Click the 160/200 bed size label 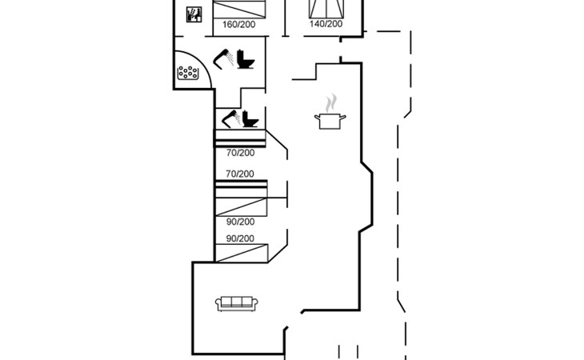point(238,25)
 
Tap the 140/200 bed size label point(326,24)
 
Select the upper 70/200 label point(240,152)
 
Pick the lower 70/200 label point(240,174)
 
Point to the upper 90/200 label point(240,222)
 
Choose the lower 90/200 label point(240,238)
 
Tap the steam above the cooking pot point(330,102)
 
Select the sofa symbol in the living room point(236,302)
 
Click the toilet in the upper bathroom point(245,61)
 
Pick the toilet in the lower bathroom point(250,119)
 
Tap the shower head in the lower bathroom point(230,119)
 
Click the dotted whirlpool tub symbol point(188,73)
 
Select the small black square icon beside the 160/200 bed point(193,15)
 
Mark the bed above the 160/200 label point(239,8)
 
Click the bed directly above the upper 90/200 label point(240,204)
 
